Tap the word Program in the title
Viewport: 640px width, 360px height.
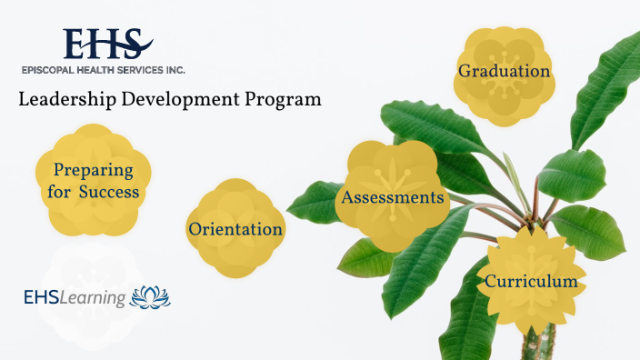(x=283, y=100)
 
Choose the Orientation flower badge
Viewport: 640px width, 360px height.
(x=235, y=228)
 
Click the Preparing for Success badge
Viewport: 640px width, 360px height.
(x=94, y=182)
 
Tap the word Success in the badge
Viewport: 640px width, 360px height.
(x=108, y=192)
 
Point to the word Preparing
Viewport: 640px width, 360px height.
(x=93, y=170)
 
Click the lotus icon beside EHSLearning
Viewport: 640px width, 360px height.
(x=151, y=297)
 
